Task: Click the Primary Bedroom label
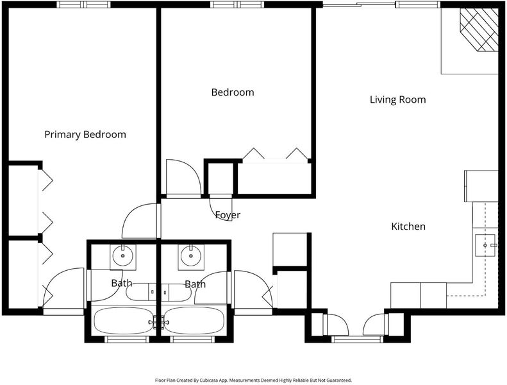tap(85, 134)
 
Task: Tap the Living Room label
tap(397, 99)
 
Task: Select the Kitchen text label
tap(408, 227)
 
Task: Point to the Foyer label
tap(228, 215)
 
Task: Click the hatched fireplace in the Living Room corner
tap(479, 30)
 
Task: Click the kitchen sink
tap(485, 246)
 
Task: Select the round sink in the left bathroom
tap(123, 255)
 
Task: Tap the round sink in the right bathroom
tap(191, 255)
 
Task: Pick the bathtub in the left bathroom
tap(123, 321)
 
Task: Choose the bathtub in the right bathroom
tap(194, 321)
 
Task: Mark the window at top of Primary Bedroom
tap(84, 4)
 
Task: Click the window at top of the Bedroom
tap(237, 4)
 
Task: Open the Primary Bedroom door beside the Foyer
tap(132, 214)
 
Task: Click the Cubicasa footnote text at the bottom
tap(253, 380)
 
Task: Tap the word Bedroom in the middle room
tap(233, 92)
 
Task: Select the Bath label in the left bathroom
tap(122, 283)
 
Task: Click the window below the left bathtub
tap(126, 339)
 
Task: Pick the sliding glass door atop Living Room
tap(359, 4)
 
